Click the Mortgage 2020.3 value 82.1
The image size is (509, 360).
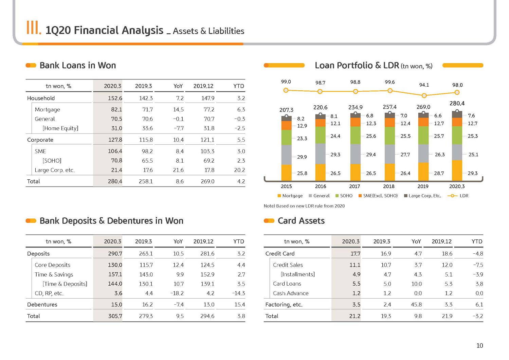(x=116, y=110)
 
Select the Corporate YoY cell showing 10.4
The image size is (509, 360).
(x=178, y=140)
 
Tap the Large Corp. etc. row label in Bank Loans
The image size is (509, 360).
(x=55, y=170)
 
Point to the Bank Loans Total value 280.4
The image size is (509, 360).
(x=115, y=181)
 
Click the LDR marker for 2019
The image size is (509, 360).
(x=424, y=96)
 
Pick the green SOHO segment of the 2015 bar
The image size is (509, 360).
(x=286, y=138)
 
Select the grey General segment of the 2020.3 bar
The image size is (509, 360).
(x=457, y=152)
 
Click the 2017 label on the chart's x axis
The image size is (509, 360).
(x=355, y=186)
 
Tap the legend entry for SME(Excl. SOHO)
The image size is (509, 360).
(x=378, y=196)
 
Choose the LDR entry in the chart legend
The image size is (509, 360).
(x=458, y=196)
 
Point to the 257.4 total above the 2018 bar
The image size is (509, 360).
(x=390, y=107)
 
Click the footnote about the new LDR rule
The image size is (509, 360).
(x=304, y=206)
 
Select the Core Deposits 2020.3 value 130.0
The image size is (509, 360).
(x=115, y=265)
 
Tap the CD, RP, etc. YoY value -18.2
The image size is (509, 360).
(x=177, y=293)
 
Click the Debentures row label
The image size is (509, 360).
(x=42, y=305)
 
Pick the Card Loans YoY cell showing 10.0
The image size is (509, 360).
(x=416, y=284)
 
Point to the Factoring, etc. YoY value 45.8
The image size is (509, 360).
(x=416, y=305)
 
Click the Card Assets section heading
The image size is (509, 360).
(x=301, y=221)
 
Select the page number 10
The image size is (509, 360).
(x=480, y=346)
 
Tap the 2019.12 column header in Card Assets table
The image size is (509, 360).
(x=441, y=241)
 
